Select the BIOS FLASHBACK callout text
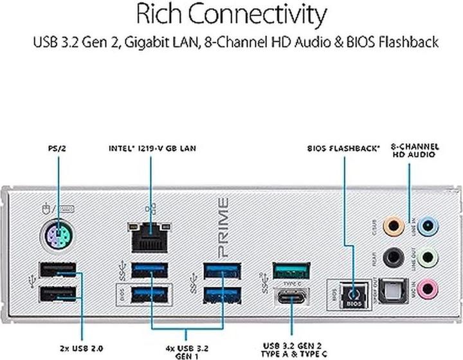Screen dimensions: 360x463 pos(343,148)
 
